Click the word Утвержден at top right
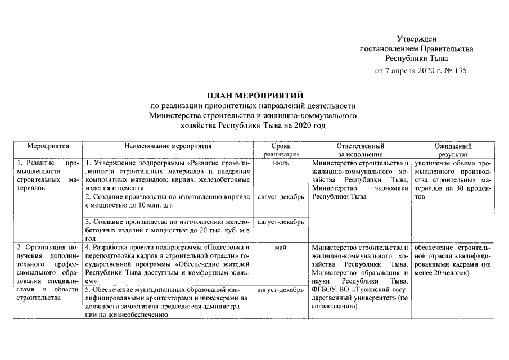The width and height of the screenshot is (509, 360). point(416,38)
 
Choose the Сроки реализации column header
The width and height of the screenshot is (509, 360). point(281,150)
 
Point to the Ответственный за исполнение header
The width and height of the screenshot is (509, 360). point(360,150)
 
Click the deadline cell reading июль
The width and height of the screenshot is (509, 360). point(281,163)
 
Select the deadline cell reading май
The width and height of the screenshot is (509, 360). point(281,247)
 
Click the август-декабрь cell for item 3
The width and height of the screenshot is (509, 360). point(281,222)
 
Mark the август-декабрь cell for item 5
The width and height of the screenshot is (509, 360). point(281,290)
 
